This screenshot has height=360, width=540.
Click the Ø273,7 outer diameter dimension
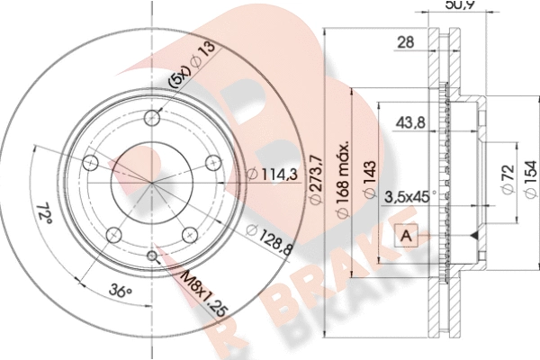tap(316, 179)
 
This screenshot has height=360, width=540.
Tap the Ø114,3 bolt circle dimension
tap(273, 174)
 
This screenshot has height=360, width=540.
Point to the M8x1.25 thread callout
tap(204, 295)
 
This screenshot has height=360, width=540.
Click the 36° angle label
tap(121, 292)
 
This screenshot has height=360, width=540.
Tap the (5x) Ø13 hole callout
tap(192, 65)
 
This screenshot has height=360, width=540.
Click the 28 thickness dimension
tap(406, 42)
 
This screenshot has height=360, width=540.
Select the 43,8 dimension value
tap(410, 122)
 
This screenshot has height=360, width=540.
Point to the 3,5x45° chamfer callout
tap(409, 197)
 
